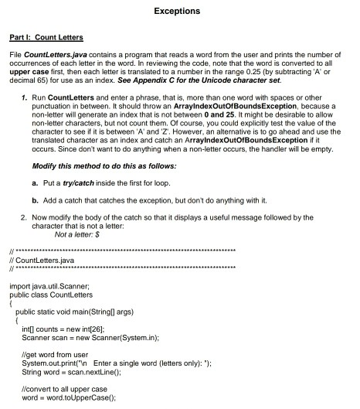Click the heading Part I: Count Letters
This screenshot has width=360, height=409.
pyautogui.click(x=46, y=37)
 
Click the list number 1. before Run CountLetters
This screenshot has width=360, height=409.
pyautogui.click(x=25, y=100)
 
